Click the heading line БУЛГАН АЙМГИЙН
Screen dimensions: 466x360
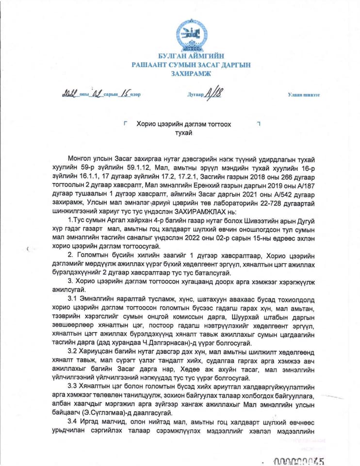(x=191, y=57)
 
